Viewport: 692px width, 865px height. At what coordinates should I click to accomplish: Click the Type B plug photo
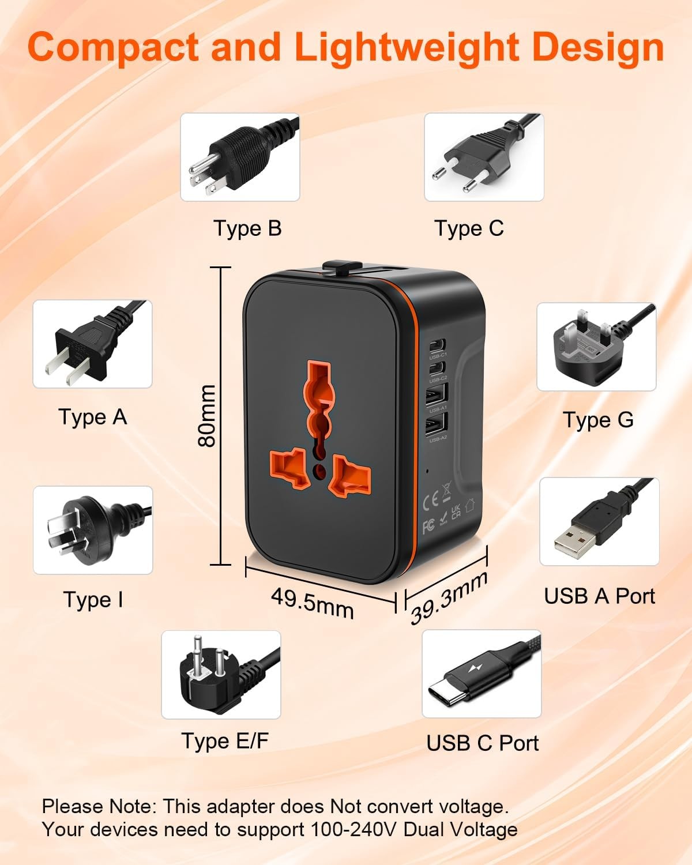(240, 157)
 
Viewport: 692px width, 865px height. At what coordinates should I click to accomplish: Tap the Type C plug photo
(484, 157)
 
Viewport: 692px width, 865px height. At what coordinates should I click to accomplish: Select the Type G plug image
(596, 347)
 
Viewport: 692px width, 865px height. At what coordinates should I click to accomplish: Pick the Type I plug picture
(93, 530)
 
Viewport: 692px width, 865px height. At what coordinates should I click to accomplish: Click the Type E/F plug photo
(221, 674)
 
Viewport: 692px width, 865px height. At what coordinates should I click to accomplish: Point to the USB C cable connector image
(482, 674)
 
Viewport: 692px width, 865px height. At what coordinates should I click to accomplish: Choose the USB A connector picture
(599, 521)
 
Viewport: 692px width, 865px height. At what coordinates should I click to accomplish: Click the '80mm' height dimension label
(206, 416)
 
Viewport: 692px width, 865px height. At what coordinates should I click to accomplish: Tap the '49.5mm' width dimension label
(313, 603)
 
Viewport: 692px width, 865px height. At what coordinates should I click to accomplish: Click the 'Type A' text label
(93, 417)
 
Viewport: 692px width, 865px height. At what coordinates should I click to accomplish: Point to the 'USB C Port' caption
(483, 743)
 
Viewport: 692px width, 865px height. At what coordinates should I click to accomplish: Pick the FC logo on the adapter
(428, 526)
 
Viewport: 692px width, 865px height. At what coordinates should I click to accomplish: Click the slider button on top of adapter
(339, 266)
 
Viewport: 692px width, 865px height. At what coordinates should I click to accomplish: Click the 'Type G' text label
(598, 420)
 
